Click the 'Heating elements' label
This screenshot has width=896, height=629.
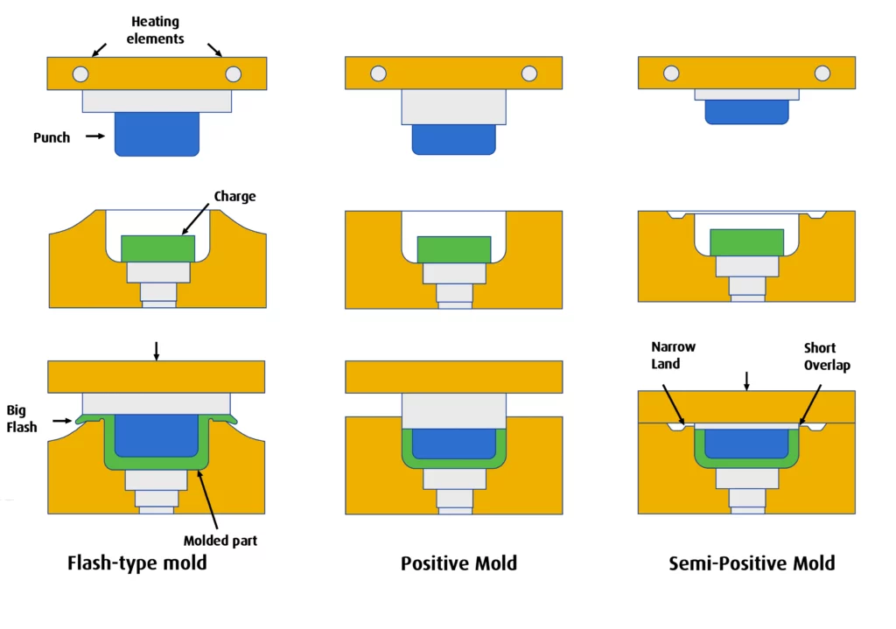[157, 29]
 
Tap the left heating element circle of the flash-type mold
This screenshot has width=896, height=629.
[80, 74]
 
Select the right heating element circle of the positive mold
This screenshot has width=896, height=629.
[528, 74]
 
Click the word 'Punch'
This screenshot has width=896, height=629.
[52, 137]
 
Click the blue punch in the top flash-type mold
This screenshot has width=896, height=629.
[157, 133]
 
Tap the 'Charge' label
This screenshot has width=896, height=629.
[234, 196]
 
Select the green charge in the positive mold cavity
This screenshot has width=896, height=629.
[454, 249]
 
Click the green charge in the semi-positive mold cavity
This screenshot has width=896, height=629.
[746, 241]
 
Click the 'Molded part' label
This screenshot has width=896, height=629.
[220, 541]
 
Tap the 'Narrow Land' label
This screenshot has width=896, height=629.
[673, 355]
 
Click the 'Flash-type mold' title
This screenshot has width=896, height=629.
[137, 563]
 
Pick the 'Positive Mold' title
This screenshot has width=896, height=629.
[458, 563]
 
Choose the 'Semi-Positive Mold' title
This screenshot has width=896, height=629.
[752, 563]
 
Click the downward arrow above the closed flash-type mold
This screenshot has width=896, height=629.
[157, 350]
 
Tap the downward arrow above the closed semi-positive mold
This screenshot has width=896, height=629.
[746, 381]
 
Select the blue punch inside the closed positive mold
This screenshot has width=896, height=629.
[454, 444]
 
